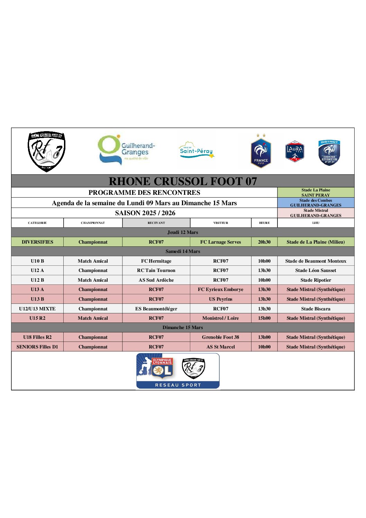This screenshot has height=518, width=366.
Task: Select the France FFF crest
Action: pyautogui.click(x=261, y=151)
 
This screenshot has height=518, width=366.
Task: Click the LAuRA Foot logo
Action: pyautogui.click(x=295, y=151)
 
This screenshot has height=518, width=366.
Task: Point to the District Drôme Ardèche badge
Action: pyautogui.click(x=329, y=152)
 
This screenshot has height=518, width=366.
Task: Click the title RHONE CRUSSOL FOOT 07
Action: pyautogui.click(x=183, y=181)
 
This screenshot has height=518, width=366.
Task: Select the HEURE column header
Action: pyautogui.click(x=264, y=223)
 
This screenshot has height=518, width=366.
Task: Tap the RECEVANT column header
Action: pyautogui.click(x=156, y=223)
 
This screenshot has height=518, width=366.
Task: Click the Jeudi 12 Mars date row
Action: pyautogui.click(x=183, y=232)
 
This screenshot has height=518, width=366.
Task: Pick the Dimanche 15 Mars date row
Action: pyautogui.click(x=183, y=327)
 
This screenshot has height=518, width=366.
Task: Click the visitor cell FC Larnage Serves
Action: pyautogui.click(x=220, y=242)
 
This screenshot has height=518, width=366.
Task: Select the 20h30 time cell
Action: pyautogui.click(x=264, y=242)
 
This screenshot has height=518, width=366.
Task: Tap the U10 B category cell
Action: pyautogui.click(x=37, y=261)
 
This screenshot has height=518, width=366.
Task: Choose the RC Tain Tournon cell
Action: pyautogui.click(x=156, y=270)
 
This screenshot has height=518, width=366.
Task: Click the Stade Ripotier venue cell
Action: pyautogui.click(x=315, y=280)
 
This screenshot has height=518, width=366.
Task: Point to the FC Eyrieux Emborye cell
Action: pyautogui.click(x=220, y=289)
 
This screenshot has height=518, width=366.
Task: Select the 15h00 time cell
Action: pyautogui.click(x=264, y=318)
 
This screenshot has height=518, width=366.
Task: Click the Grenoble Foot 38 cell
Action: pyautogui.click(x=220, y=337)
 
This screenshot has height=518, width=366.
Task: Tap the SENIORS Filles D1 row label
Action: pyautogui.click(x=37, y=347)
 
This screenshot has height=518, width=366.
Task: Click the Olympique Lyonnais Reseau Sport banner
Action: pyautogui.click(x=178, y=371)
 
